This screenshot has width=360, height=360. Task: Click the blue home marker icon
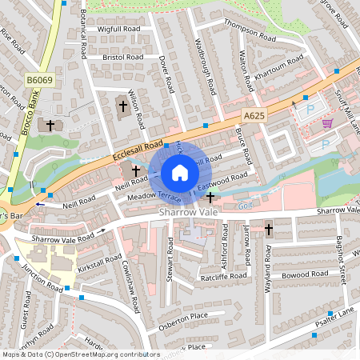click(x=180, y=173)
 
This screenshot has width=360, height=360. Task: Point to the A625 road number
click(x=254, y=116)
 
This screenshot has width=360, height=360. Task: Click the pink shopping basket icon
click(x=326, y=122)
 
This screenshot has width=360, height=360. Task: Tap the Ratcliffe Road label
click(x=200, y=278)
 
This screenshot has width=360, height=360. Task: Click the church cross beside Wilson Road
click(x=122, y=104)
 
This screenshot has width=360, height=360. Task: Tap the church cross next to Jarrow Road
click(x=269, y=230)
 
